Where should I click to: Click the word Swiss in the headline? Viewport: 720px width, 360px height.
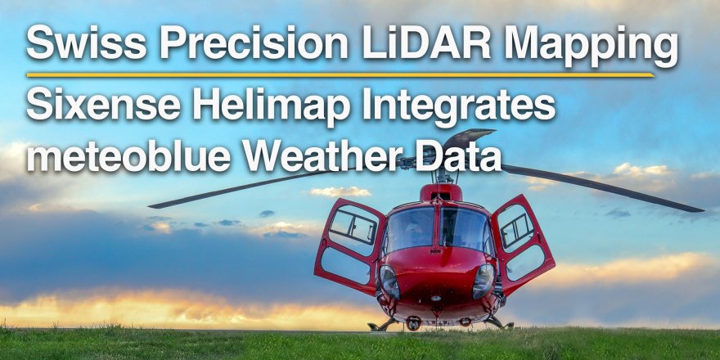(87, 42)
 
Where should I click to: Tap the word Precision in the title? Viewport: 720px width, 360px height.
(254, 42)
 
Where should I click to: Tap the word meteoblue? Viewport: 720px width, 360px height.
(128, 156)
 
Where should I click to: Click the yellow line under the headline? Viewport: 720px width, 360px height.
(340, 74)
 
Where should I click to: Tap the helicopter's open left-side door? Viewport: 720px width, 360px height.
(349, 245)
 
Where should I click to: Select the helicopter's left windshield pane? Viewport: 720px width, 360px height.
(410, 230)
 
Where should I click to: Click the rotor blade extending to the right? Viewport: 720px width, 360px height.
(601, 187)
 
